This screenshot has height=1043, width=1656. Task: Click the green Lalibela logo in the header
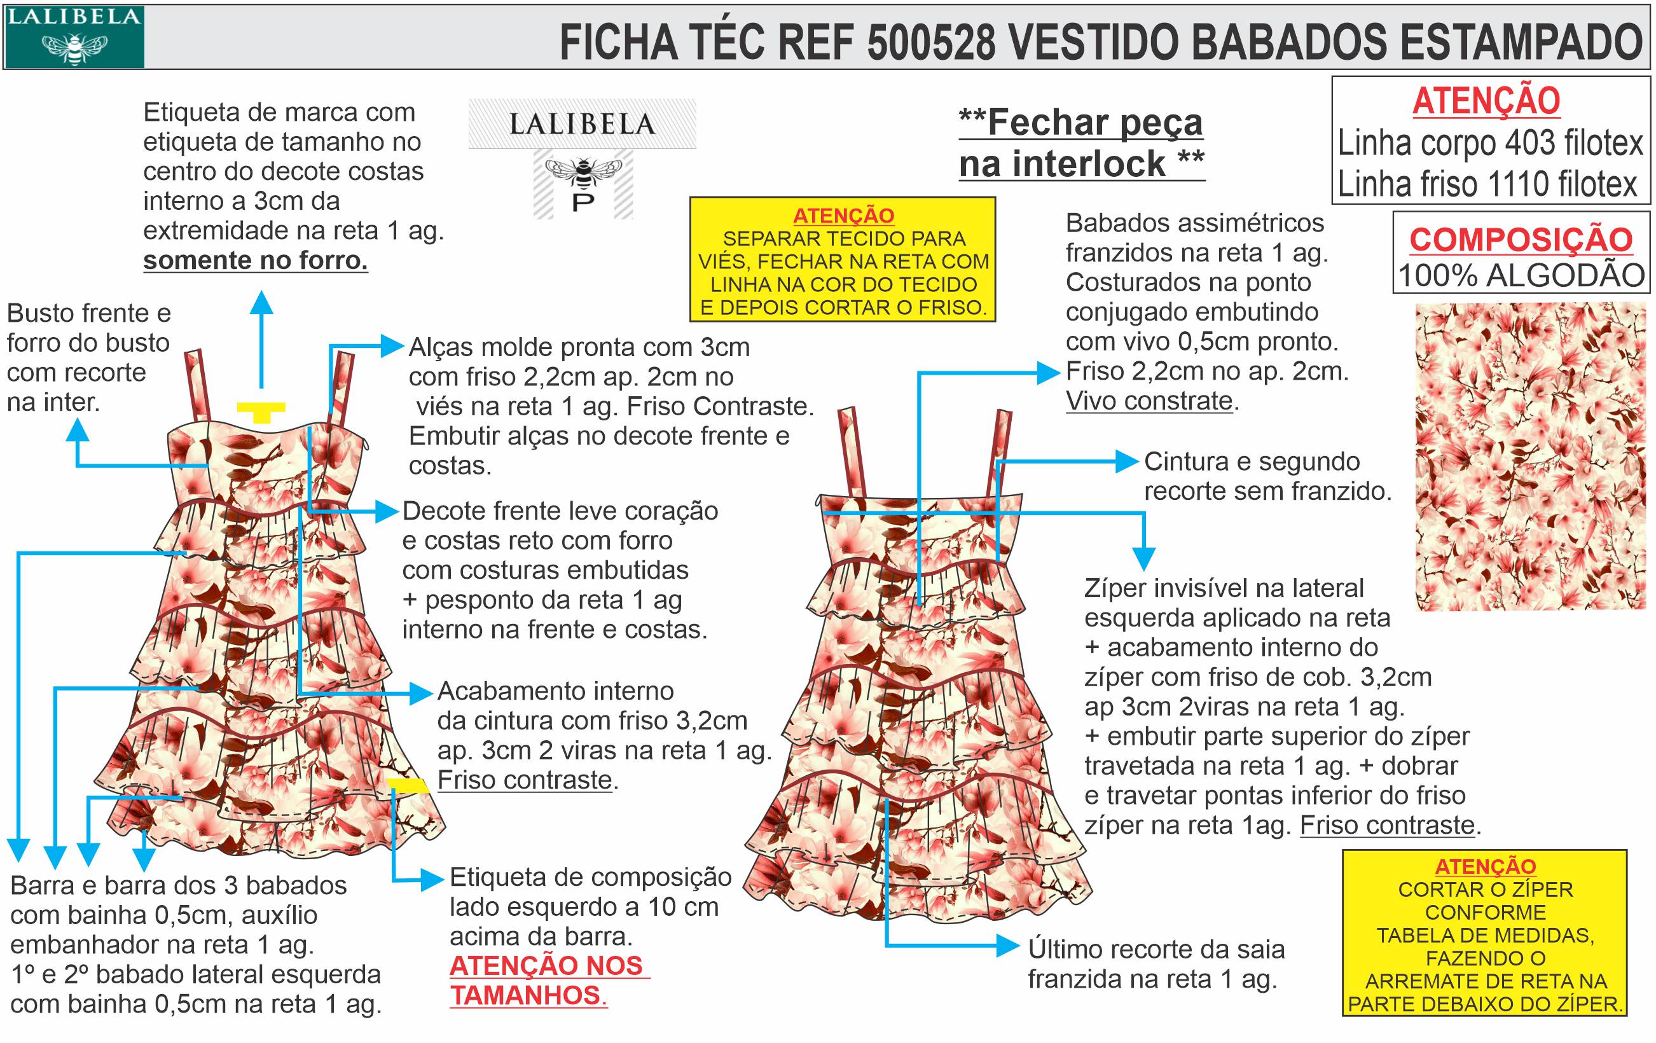coord(74,37)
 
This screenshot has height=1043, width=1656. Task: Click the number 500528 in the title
coord(930,42)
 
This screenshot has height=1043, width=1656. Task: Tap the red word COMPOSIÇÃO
coord(1521,240)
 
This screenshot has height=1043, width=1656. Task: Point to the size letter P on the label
coord(583,203)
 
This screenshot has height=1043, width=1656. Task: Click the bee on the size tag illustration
coord(583,172)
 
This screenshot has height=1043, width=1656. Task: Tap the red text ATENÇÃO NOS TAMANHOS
coord(547,981)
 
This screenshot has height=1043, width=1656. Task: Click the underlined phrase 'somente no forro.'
coord(255,261)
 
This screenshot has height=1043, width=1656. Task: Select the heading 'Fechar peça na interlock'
coord(1081,143)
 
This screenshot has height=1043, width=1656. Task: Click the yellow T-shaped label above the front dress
coord(261,411)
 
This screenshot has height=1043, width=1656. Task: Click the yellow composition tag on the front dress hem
coord(408,785)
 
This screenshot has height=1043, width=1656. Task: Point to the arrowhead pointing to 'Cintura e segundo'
coord(1127,460)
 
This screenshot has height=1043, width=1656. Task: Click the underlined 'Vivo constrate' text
coord(1149,401)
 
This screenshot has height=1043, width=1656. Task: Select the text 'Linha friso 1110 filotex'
coord(1487,184)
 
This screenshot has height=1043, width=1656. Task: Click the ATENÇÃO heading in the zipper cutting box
coord(1486,866)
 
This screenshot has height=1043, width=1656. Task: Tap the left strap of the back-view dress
coord(851,450)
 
